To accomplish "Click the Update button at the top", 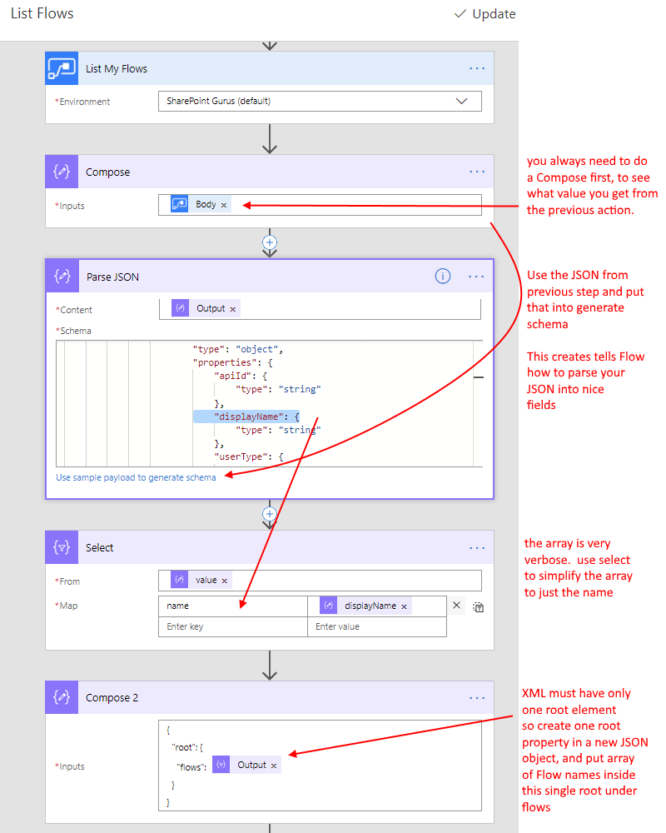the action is (485, 14).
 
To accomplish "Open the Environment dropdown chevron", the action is (461, 101).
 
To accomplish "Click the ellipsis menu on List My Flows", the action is (477, 68).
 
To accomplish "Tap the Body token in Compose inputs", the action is (201, 205).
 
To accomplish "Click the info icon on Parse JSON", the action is (443, 277).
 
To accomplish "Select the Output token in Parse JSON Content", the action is (206, 308).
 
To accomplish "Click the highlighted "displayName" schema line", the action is (246, 416).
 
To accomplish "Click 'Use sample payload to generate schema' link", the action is (136, 477).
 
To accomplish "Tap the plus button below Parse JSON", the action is (270, 514).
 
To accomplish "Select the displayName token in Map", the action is (365, 606).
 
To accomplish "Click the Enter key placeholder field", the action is (233, 627).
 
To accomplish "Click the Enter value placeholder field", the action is (377, 627).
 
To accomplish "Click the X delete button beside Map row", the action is (456, 605).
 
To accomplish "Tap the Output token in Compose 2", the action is (246, 765).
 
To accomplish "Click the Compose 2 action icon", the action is (62, 697).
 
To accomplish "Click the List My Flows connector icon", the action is (62, 68).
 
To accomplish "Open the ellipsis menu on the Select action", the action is (477, 548).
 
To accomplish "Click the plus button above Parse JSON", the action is (270, 242).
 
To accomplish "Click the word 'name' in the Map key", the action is (177, 606).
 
